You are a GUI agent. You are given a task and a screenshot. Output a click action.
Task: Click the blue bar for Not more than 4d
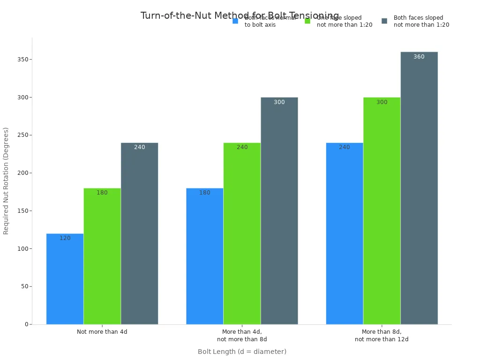click(65, 279)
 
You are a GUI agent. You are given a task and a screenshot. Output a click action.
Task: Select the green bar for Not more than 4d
click(102, 256)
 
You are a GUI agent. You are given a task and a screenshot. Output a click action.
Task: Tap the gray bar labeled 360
click(419, 188)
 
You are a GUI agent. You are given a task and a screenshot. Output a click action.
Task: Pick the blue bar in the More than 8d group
click(345, 233)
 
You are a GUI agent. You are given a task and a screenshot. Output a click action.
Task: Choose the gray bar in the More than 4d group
click(279, 211)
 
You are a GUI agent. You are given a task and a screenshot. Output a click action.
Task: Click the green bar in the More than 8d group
click(382, 211)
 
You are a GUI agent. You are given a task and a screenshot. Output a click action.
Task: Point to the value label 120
click(65, 238)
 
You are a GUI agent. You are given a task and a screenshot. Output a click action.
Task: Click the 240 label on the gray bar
click(140, 147)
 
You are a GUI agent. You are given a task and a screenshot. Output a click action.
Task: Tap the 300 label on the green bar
click(382, 102)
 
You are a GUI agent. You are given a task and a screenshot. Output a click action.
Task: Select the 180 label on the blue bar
click(205, 193)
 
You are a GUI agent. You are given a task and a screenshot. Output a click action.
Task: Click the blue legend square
click(235, 21)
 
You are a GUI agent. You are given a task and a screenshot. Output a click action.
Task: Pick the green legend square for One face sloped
click(307, 21)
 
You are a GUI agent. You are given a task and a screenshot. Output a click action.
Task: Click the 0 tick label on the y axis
click(27, 324)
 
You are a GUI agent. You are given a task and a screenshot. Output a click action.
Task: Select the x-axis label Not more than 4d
click(102, 332)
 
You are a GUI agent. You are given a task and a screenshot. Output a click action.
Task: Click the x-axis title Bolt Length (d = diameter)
click(242, 352)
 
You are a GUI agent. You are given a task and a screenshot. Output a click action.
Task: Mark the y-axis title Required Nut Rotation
click(6, 181)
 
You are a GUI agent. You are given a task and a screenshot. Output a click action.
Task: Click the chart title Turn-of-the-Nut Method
click(240, 15)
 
